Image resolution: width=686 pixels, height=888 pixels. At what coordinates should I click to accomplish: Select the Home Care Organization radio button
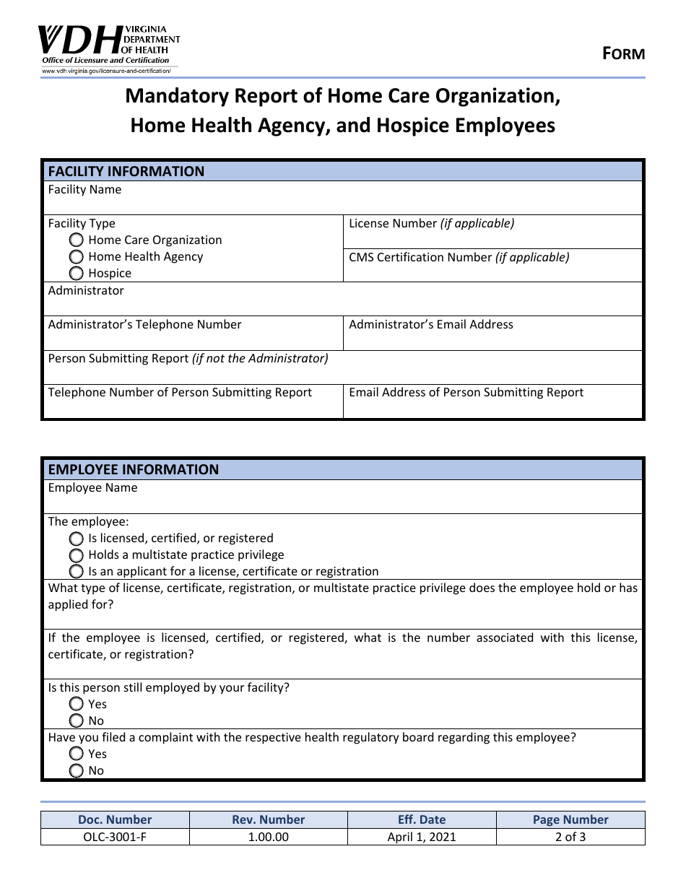(x=77, y=240)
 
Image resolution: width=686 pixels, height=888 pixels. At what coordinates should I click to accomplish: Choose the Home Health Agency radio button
(x=77, y=256)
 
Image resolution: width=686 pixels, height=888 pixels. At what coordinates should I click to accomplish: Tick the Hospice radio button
(x=77, y=273)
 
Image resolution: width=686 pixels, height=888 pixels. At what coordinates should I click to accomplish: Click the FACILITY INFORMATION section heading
(x=126, y=171)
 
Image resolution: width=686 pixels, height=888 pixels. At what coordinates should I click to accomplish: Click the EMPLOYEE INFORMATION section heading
(x=133, y=469)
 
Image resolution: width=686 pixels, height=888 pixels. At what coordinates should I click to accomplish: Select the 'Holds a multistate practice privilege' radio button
(x=77, y=554)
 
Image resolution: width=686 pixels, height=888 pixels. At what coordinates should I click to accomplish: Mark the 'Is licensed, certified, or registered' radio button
(x=77, y=538)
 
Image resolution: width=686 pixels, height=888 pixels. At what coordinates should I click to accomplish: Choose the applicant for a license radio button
(x=77, y=571)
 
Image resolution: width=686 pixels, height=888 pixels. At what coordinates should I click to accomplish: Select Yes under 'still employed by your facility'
(x=77, y=703)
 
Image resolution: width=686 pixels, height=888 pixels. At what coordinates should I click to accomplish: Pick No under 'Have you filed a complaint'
(x=77, y=770)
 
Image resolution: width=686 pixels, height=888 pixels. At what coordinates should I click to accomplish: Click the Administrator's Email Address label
(x=430, y=324)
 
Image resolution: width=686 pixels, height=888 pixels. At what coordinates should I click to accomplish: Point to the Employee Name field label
(x=92, y=487)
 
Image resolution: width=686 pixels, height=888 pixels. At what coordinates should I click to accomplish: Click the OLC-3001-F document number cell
(x=115, y=837)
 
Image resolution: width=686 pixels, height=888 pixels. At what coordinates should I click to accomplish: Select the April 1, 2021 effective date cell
(x=422, y=837)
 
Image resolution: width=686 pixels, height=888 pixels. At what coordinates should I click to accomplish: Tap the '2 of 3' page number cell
(x=570, y=837)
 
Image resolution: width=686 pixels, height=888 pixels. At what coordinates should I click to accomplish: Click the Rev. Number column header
(x=268, y=819)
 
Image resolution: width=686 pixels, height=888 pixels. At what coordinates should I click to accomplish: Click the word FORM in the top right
(x=623, y=53)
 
